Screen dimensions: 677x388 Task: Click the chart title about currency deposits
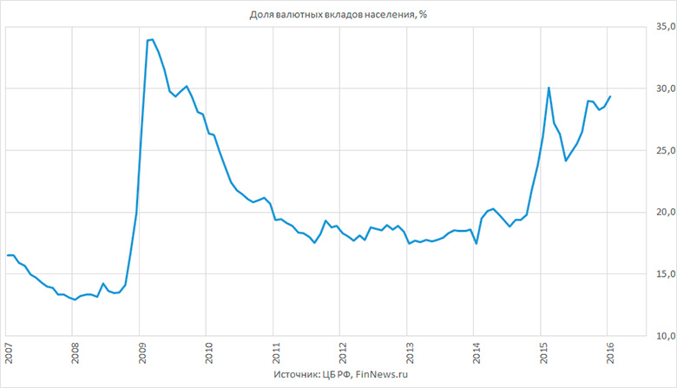pyautogui.click(x=338, y=15)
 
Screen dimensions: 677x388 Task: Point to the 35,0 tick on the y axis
pyautogui.click(x=666, y=27)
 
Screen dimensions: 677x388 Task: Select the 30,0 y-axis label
pyautogui.click(x=666, y=89)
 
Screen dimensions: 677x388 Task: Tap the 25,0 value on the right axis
pyautogui.click(x=666, y=151)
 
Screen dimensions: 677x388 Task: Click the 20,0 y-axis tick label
pyautogui.click(x=666, y=213)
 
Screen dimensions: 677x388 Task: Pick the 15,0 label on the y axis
pyautogui.click(x=666, y=274)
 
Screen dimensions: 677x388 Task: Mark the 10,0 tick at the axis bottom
pyautogui.click(x=666, y=336)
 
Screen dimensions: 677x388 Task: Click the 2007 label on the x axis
pyautogui.click(x=8, y=353)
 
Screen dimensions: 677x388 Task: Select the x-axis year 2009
pyautogui.click(x=142, y=353)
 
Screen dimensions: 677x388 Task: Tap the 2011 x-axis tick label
pyautogui.click(x=276, y=353)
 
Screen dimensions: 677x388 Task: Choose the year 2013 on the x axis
pyautogui.click(x=410, y=353)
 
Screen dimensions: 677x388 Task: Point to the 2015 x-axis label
pyautogui.click(x=543, y=353)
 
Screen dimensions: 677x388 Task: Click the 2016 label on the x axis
pyautogui.click(x=610, y=353)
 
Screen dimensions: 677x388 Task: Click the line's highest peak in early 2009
pyautogui.click(x=153, y=40)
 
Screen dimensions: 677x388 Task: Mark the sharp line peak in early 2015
pyautogui.click(x=549, y=88)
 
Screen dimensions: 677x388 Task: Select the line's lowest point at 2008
pyautogui.click(x=75, y=299)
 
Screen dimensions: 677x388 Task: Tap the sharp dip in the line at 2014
pyautogui.click(x=476, y=244)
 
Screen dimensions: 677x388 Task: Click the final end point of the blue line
pyautogui.click(x=610, y=96)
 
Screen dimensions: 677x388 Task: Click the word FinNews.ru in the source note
pyautogui.click(x=382, y=374)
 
